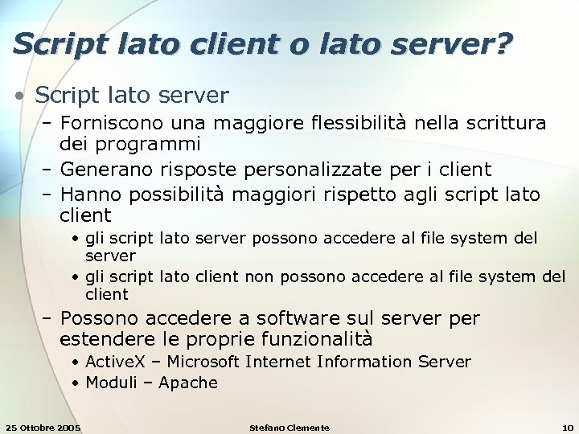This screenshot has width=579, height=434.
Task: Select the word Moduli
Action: coord(112,383)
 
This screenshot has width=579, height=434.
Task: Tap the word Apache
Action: coord(188,383)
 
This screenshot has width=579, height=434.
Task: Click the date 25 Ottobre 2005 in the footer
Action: coord(43,427)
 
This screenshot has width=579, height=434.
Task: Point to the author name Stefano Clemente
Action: coord(289,427)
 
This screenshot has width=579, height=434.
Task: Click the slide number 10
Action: coord(568,427)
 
